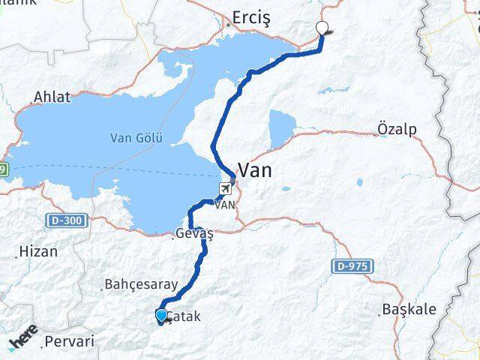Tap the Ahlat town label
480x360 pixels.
point(52,97)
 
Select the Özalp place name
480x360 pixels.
point(397,128)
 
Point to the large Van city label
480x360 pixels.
point(255,170)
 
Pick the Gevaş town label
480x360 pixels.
point(194,234)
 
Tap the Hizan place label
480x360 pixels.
point(38,251)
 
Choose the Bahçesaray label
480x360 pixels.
point(140,285)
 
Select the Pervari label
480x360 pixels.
point(70,341)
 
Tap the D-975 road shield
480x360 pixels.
point(346,265)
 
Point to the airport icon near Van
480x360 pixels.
point(225,187)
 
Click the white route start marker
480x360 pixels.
point(322,28)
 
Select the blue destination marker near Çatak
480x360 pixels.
point(161,315)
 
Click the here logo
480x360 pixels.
point(24,341)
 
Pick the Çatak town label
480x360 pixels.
point(185,316)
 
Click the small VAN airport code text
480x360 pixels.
point(225,203)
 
